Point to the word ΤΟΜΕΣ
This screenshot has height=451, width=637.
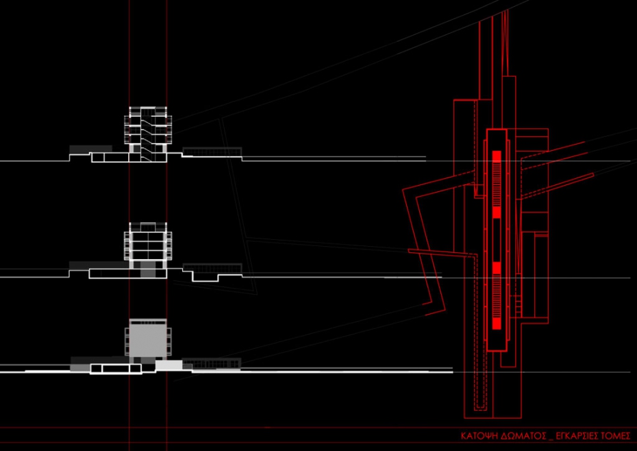point(615,436)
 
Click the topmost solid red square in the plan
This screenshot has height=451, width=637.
point(497,156)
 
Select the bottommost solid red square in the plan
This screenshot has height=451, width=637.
point(497,324)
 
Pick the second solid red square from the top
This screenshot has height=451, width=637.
point(497,212)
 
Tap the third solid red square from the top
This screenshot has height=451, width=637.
point(497,268)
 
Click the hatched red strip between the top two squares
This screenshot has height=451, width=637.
point(497,184)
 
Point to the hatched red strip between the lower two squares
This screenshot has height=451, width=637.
point(497,295)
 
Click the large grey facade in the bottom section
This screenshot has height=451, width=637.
point(148,338)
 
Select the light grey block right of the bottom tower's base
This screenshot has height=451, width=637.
point(169,365)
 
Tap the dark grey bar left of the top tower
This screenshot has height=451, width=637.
point(90,149)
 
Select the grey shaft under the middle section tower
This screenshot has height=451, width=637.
point(148,269)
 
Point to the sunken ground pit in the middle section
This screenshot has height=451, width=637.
point(205,276)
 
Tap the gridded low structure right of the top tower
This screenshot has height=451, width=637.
point(212,151)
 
